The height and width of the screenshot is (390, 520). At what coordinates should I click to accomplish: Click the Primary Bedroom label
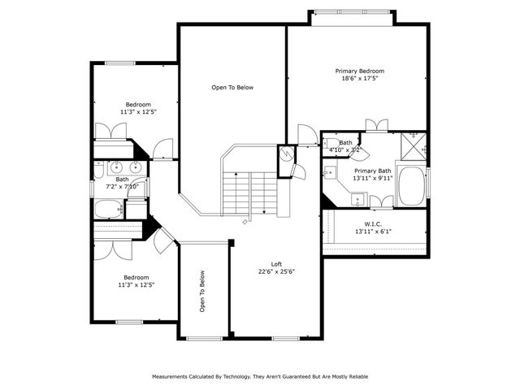(x=359, y=71)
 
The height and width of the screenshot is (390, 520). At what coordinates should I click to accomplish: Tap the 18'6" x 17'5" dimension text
(x=359, y=79)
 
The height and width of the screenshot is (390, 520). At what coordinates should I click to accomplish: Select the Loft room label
(x=277, y=264)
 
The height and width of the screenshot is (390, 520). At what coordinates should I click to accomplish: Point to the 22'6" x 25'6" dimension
(x=277, y=272)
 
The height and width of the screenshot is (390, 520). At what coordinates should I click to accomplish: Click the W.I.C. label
(x=374, y=224)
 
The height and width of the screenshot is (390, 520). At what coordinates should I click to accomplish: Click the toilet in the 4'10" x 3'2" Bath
(x=332, y=145)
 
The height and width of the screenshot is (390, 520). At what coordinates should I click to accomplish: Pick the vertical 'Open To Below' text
(x=201, y=292)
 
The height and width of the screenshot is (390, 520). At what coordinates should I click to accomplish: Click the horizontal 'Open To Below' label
(x=232, y=87)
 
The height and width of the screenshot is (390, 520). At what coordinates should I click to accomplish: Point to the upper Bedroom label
(x=137, y=104)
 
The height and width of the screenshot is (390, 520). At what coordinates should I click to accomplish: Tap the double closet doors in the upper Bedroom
(x=109, y=132)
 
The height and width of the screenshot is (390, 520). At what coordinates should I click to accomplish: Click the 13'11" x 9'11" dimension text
(x=374, y=178)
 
